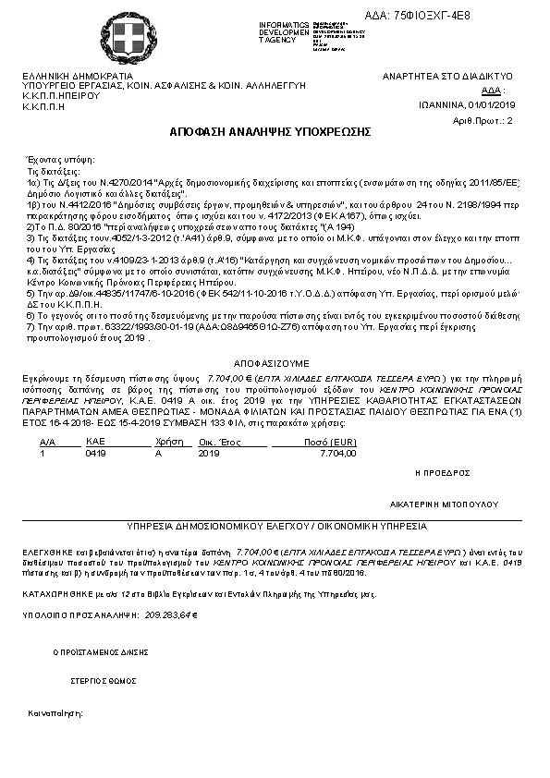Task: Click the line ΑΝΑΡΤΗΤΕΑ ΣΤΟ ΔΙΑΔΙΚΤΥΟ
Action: [x=447, y=76]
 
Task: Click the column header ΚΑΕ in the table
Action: [x=94, y=444]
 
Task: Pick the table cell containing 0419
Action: [x=95, y=454]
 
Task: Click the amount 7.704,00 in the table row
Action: [x=336, y=454]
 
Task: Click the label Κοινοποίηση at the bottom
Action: [x=55, y=713]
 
